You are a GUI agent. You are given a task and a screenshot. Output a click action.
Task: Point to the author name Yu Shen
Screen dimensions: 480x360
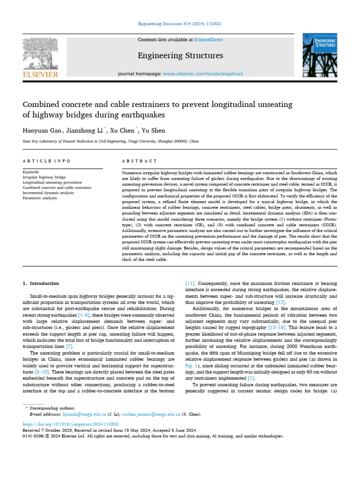click(x=154, y=130)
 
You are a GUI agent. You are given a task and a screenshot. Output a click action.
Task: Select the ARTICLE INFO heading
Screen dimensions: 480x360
click(x=46, y=161)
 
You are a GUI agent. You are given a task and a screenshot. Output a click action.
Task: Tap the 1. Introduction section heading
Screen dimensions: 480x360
click(x=41, y=284)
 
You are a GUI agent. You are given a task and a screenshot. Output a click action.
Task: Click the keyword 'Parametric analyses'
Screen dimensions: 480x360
click(x=40, y=198)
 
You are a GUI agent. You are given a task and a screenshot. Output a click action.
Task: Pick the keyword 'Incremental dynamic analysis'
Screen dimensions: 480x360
click(x=48, y=193)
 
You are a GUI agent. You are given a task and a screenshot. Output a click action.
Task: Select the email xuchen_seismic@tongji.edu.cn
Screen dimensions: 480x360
click(x=151, y=415)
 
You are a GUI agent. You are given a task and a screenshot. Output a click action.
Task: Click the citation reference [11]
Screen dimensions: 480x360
click(x=190, y=284)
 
